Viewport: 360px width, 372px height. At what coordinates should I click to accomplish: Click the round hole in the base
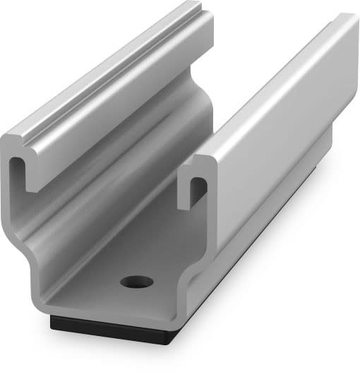tap(136, 282)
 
